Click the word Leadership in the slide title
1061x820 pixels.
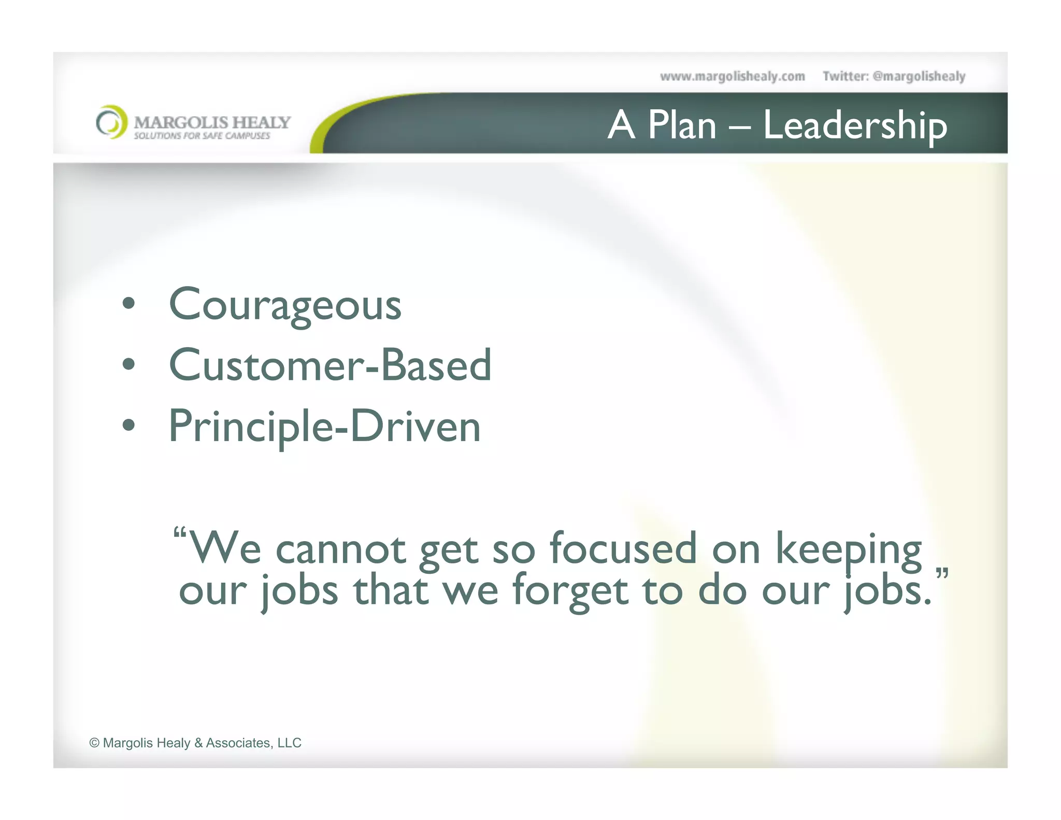tap(855, 126)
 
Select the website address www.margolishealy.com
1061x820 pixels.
tap(732, 77)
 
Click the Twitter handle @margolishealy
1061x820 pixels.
tap(919, 77)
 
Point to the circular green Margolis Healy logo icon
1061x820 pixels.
tap(111, 122)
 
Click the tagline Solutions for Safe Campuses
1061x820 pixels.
tap(202, 136)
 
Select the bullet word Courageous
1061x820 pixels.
tap(285, 305)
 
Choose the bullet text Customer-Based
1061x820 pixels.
tap(330, 365)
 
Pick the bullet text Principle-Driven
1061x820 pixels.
tap(325, 427)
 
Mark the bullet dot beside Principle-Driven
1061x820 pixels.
tap(128, 425)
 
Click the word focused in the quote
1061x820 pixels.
tap(623, 548)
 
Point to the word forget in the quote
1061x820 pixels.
tap(570, 591)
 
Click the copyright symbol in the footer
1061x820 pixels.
tap(94, 743)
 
